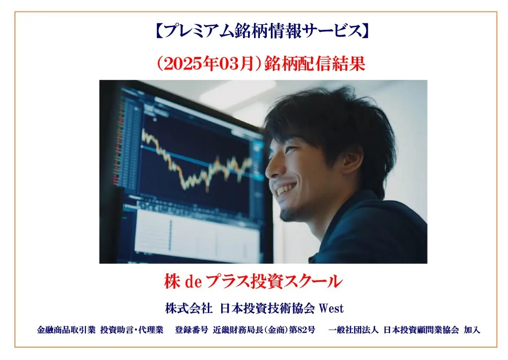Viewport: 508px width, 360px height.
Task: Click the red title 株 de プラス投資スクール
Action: pyautogui.click(x=254, y=282)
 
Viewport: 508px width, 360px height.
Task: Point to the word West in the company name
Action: pyautogui.click(x=331, y=308)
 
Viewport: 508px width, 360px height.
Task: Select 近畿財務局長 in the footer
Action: pyautogui.click(x=235, y=330)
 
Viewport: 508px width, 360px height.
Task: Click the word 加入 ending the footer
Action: pyautogui.click(x=472, y=330)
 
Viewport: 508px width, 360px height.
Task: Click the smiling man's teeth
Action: pyautogui.click(x=286, y=189)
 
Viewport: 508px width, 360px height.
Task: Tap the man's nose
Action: pyautogui.click(x=271, y=169)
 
